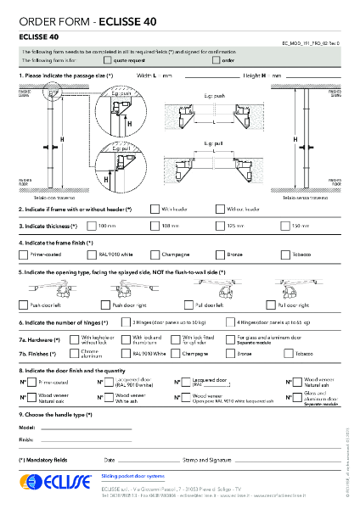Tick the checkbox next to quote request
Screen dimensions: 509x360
pos(107,61)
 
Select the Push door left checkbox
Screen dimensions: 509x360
pos(23,304)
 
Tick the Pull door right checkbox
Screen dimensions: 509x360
pos(272,304)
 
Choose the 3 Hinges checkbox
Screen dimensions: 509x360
pos(125,322)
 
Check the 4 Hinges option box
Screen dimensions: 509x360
pos(230,322)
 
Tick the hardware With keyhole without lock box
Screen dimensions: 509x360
pos(75,338)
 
